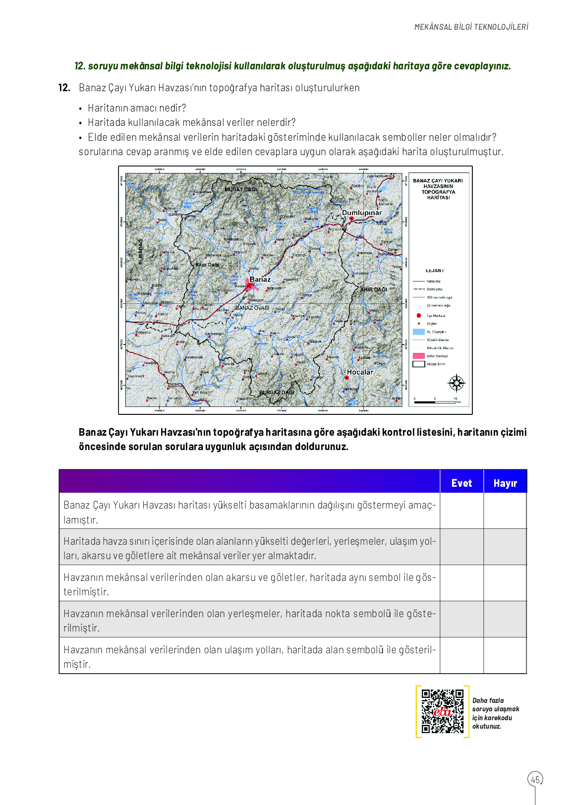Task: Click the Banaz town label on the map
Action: (x=260, y=280)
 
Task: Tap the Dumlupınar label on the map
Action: (x=362, y=213)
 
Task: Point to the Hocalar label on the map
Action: (x=360, y=372)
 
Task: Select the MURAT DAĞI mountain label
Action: (x=241, y=189)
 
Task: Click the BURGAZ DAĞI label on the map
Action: (x=277, y=392)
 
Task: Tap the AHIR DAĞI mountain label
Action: (x=373, y=289)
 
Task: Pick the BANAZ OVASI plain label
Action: (x=252, y=308)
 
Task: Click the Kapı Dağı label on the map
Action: (x=207, y=265)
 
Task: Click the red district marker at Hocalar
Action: (x=346, y=378)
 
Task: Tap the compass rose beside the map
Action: (x=457, y=383)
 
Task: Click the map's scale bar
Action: (x=435, y=402)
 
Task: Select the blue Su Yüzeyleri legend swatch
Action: (x=419, y=332)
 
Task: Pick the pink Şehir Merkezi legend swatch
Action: (x=419, y=356)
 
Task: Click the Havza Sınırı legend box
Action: (x=419, y=364)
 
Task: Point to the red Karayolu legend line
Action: (x=419, y=281)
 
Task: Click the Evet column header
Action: (x=461, y=483)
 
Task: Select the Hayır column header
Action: (x=505, y=483)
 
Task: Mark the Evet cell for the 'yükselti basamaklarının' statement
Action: (x=461, y=511)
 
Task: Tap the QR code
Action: (x=443, y=711)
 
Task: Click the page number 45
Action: (x=535, y=779)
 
